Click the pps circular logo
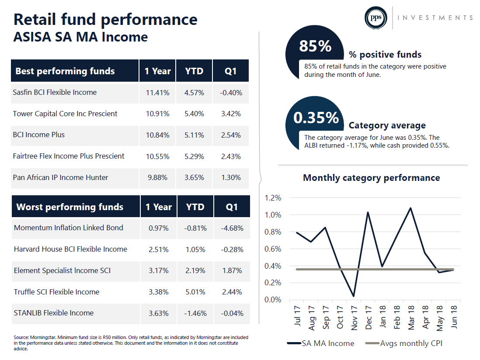point(376,18)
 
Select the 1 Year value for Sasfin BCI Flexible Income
point(157,93)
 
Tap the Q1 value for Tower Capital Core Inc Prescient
point(231,114)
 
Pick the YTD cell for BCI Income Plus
point(194,135)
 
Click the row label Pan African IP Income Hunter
point(60,177)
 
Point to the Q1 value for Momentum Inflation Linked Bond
point(232,228)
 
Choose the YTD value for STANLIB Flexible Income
point(195,313)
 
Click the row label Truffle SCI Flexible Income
point(57,292)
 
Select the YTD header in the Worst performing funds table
point(195,207)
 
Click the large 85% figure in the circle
point(315,46)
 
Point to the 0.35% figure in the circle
point(316,118)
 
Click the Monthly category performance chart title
point(371,178)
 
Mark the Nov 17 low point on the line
point(354,296)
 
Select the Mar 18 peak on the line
point(410,208)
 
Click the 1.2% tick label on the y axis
point(273,198)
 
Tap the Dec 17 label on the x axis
point(368,318)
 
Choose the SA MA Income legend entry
point(320,343)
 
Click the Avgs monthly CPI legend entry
point(404,343)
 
